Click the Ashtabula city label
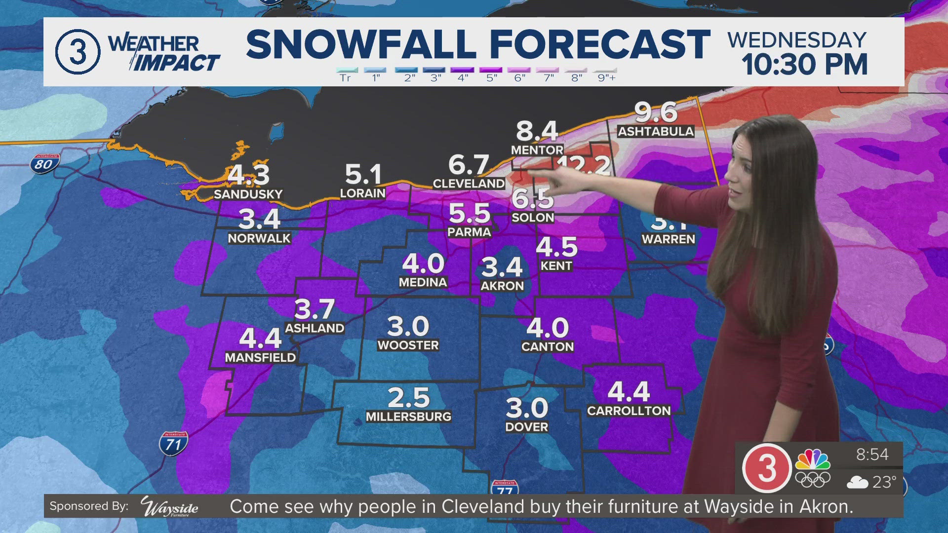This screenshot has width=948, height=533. (x=656, y=131)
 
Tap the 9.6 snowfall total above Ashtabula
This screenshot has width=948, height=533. (x=656, y=112)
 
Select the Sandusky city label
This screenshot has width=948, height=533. (x=248, y=194)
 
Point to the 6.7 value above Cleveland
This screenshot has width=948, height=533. (x=469, y=165)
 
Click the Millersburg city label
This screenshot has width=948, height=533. (x=408, y=417)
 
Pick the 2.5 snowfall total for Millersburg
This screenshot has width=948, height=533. (x=408, y=397)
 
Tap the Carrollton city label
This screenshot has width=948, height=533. (x=629, y=411)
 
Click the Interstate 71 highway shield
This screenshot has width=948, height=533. (x=173, y=443)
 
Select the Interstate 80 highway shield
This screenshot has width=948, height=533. (x=44, y=163)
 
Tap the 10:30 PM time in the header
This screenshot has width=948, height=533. (x=804, y=65)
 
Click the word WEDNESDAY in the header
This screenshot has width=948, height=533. (x=797, y=40)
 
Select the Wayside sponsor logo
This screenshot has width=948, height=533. (x=169, y=506)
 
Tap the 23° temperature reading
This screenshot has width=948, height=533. (x=884, y=482)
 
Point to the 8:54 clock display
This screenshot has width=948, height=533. (x=872, y=455)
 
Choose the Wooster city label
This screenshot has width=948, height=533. (x=408, y=345)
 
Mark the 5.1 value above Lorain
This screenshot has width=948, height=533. (x=363, y=175)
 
